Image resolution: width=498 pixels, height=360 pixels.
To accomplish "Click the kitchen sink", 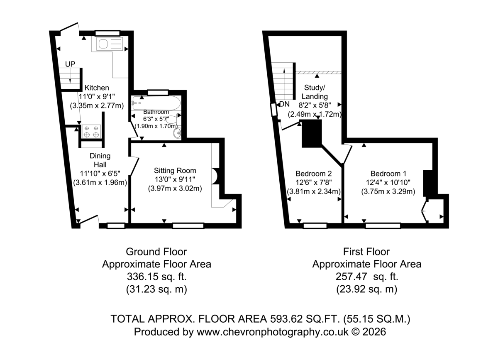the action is click(x=110, y=44).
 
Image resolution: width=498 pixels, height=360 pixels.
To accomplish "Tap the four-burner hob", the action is click(x=91, y=132).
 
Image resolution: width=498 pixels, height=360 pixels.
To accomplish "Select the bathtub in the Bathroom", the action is click(x=156, y=103).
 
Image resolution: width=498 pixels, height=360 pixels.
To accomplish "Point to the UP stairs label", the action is click(x=70, y=64).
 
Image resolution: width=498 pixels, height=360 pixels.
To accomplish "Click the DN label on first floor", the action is click(x=285, y=104).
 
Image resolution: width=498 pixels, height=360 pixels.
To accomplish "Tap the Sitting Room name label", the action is click(x=175, y=171).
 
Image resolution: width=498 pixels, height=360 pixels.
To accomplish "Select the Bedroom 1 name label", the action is click(x=388, y=174).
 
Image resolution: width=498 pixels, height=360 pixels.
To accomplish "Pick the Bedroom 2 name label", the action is click(x=314, y=174).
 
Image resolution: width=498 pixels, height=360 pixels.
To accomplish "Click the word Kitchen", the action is click(x=97, y=88).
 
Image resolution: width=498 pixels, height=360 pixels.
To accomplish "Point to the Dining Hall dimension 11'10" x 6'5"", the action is click(x=100, y=174).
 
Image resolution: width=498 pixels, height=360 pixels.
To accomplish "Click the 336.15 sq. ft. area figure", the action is click(x=156, y=277).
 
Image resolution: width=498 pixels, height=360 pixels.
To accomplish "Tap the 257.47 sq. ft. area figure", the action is click(x=367, y=277).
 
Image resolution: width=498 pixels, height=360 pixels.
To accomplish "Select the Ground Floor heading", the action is click(x=156, y=252).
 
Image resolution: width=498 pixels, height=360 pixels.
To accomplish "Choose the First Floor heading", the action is click(x=366, y=252).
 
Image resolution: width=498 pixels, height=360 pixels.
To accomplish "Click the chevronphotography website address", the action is click(x=273, y=332).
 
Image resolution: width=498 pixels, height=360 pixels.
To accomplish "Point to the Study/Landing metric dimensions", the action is click(x=315, y=114).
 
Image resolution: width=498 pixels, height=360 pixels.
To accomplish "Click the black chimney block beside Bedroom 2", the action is click(x=312, y=134).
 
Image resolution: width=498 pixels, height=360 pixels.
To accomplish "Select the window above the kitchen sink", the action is click(x=107, y=33).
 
